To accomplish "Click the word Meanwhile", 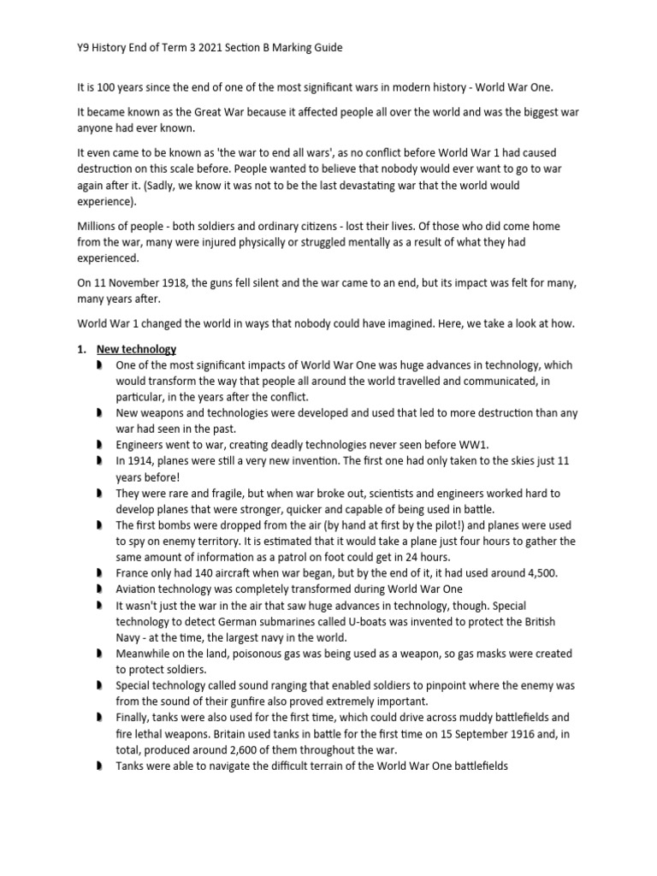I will coord(145,654).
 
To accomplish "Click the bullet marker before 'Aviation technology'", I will coord(99,589).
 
